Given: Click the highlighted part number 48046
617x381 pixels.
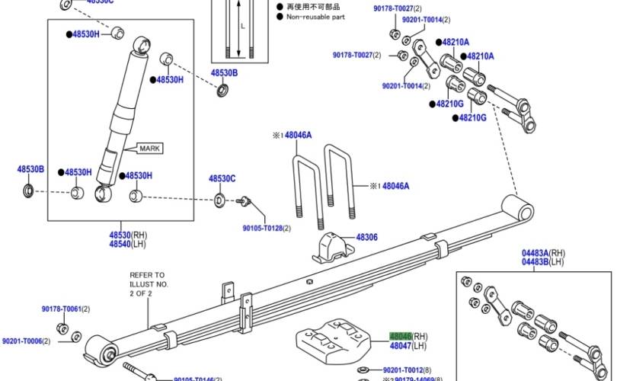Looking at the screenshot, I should tap(401, 336).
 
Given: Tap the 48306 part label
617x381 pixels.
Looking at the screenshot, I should tap(366, 238).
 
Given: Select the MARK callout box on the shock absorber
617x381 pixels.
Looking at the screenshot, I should tap(149, 149).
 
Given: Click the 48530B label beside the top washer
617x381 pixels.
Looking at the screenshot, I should tap(224, 73).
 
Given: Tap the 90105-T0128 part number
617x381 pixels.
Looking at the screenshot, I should tap(267, 228).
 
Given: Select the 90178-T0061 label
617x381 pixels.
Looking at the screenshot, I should tap(65, 309).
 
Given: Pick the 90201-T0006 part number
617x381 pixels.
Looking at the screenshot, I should tap(25, 341).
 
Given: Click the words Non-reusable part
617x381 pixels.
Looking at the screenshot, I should tap(315, 16).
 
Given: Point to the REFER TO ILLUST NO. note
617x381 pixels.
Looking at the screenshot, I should tap(146, 283).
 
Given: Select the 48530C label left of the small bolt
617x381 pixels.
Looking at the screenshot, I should tap(222, 178).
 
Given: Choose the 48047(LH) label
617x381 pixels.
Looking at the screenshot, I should tap(405, 346).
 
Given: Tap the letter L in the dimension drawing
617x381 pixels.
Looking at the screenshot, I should tap(242, 24).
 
